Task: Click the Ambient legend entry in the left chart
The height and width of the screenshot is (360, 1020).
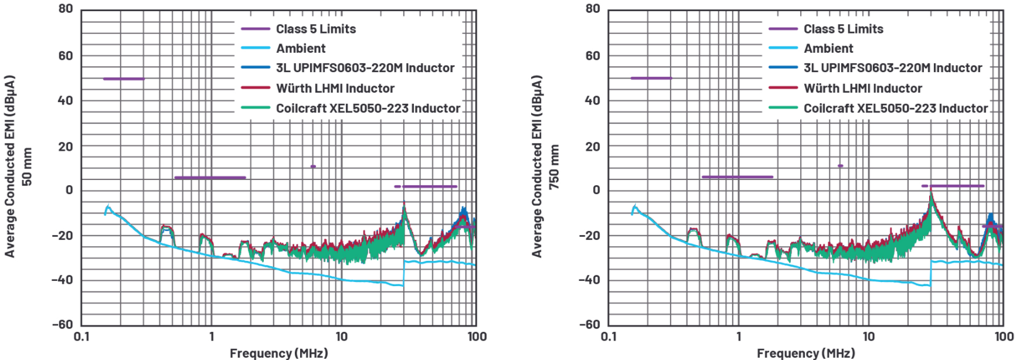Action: [x=300, y=49]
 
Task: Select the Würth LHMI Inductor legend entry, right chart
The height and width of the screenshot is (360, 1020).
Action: [x=862, y=89]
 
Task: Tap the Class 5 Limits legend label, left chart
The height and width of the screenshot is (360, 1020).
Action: [x=315, y=29]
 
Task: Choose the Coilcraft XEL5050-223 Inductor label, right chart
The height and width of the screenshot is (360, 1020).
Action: [x=895, y=108]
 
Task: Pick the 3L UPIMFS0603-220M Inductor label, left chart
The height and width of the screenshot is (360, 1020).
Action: [x=365, y=68]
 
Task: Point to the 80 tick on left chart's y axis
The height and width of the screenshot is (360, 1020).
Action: [x=66, y=9]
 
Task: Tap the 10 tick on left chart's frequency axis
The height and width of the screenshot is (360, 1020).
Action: [x=341, y=337]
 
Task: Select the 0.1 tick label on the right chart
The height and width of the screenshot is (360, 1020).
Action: [x=608, y=337]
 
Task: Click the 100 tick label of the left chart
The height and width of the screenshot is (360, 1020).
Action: [x=477, y=337]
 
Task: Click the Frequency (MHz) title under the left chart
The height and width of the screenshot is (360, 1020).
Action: [x=278, y=353]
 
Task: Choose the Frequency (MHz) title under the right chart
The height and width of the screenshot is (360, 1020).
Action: [x=805, y=353]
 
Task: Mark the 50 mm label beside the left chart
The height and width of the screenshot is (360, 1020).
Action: [x=27, y=167]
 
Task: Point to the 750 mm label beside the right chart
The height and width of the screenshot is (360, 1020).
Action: [x=554, y=167]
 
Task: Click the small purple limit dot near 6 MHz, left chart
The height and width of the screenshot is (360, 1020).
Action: [x=313, y=167]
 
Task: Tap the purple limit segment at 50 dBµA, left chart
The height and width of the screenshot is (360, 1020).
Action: [x=123, y=79]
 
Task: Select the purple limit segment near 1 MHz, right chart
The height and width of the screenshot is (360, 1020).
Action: [x=737, y=177]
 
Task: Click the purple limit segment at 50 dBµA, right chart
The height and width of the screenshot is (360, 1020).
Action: [x=651, y=78]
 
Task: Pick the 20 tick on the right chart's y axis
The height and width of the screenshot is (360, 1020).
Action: [x=593, y=146]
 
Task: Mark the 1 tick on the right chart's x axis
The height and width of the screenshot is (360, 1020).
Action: [x=739, y=337]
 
